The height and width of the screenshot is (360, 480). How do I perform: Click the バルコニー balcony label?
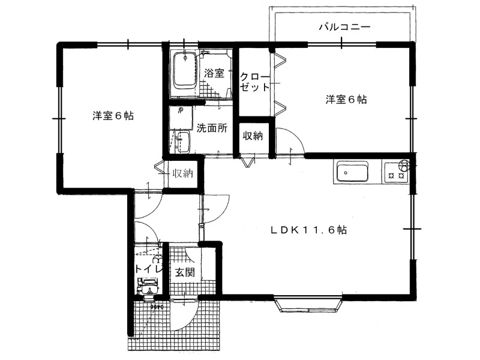344,27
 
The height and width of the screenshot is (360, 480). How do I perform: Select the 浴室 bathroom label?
214,73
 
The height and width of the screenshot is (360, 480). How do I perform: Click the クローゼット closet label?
254,82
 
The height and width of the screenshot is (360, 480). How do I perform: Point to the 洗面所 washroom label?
212,128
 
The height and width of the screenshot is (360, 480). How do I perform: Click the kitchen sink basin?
352,172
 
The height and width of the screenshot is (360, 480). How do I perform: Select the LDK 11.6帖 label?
308,230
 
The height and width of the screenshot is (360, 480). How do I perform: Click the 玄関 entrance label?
185,272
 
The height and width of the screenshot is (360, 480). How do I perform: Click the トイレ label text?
148,269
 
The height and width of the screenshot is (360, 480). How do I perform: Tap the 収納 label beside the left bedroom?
183,173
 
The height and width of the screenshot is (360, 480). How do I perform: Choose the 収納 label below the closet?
253,136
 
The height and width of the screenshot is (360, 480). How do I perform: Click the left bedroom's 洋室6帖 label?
113,116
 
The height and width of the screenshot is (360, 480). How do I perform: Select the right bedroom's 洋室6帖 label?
346,100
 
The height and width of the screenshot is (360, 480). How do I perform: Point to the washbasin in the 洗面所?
182,142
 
